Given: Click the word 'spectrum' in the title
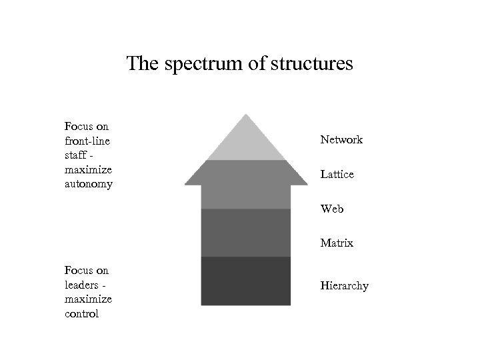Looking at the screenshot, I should pyautogui.click(x=193, y=65).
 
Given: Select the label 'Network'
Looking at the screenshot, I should pyautogui.click(x=341, y=140).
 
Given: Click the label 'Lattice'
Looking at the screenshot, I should pyautogui.click(x=337, y=175).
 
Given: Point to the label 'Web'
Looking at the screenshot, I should pyautogui.click(x=332, y=209).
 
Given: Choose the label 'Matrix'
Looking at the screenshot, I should pyautogui.click(x=337, y=243).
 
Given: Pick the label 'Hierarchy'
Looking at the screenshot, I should pyautogui.click(x=344, y=286).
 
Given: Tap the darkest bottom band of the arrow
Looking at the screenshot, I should pyautogui.click(x=246, y=281).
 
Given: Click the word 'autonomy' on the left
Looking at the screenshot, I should pyautogui.click(x=88, y=183).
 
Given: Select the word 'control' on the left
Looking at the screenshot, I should pyautogui.click(x=81, y=314).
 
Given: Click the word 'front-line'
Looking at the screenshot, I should pyautogui.click(x=87, y=140).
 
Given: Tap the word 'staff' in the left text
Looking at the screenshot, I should pyautogui.click(x=76, y=155).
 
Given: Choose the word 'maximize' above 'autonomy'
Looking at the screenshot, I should pyautogui.click(x=88, y=169).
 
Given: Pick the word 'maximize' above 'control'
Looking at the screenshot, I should pyautogui.click(x=88, y=299).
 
